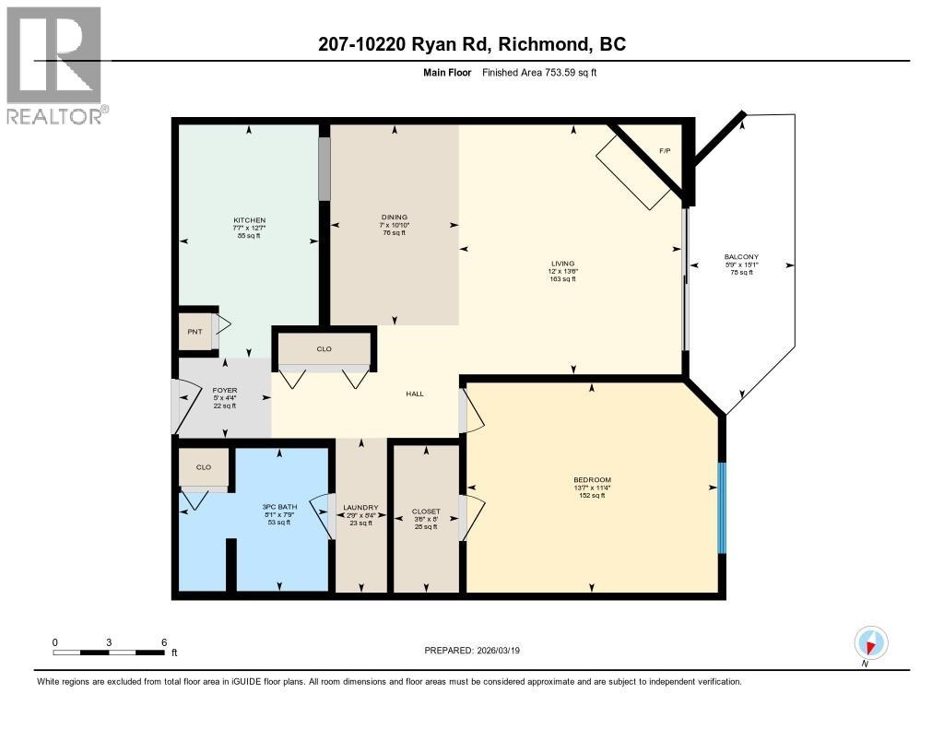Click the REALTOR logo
54,65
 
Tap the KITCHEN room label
249,220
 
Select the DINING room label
395,218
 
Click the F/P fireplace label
665,149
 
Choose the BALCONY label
741,257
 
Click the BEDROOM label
591,480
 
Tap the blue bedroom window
722,507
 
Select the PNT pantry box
195,332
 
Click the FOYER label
225,390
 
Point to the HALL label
415,394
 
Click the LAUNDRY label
360,507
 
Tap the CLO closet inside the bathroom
204,467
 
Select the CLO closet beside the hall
324,349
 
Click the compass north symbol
870,642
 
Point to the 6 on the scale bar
164,641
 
